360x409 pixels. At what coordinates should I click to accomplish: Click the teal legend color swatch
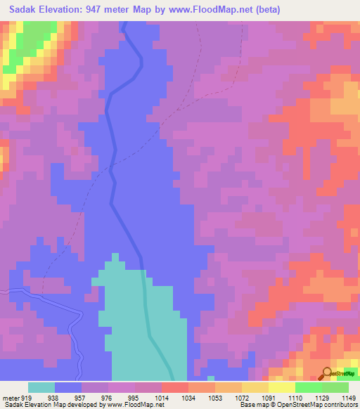(41, 387)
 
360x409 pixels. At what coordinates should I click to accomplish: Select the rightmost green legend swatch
(335, 387)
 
